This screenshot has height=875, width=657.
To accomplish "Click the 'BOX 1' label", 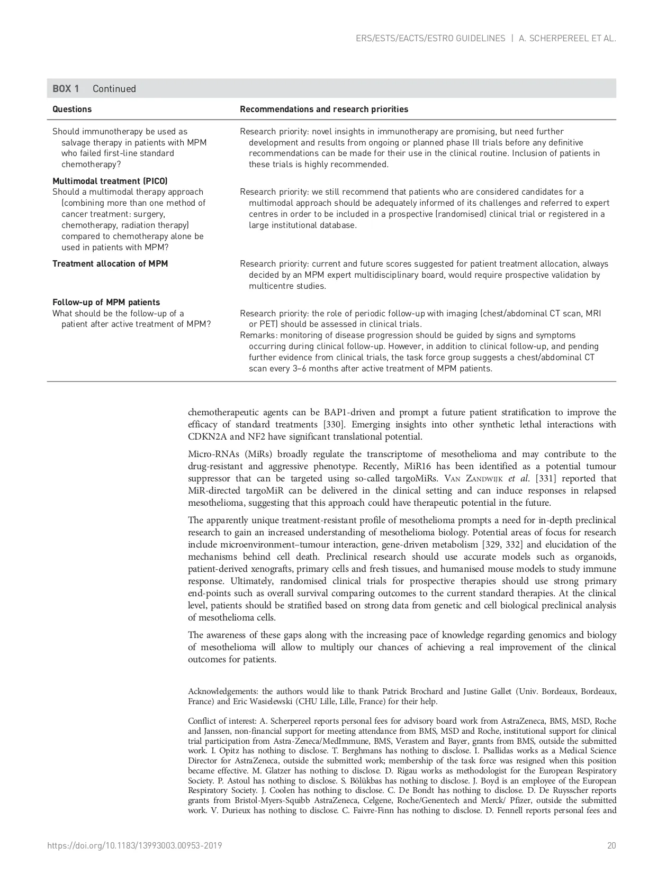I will (x=66, y=89).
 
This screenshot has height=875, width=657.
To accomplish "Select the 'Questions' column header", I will (x=72, y=110).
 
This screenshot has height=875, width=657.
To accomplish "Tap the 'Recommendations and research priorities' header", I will (x=324, y=110).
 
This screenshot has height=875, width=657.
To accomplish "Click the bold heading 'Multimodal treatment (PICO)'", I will (x=110, y=181).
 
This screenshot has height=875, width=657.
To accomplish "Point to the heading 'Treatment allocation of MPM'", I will (x=110, y=263).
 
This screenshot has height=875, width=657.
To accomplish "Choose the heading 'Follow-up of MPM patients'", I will (x=106, y=302).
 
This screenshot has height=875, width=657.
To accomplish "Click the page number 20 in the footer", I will (x=611, y=845).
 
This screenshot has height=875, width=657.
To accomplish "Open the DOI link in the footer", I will (x=134, y=845).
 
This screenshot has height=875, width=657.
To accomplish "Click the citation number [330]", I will (x=334, y=424).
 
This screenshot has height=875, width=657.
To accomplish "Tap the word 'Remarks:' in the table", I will (x=259, y=335).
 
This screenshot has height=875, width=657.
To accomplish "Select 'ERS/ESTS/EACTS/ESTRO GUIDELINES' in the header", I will (x=430, y=39).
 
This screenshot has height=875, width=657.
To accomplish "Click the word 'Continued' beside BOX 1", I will (x=114, y=89).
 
